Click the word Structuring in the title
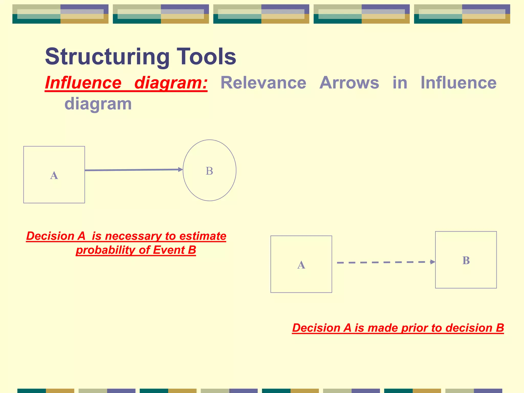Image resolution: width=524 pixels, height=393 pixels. [x=107, y=57]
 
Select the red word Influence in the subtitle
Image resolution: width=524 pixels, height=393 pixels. [x=83, y=83]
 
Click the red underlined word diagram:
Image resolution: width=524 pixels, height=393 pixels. [x=171, y=83]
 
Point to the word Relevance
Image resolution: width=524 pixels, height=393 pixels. [x=263, y=83]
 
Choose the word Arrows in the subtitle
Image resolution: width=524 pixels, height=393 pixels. [x=349, y=83]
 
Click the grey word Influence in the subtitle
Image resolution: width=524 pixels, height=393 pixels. [x=458, y=83]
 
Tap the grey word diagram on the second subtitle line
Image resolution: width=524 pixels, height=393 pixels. [x=98, y=104]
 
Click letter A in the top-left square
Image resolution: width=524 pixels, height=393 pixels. [x=54, y=176]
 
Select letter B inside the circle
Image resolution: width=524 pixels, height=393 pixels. [x=209, y=171]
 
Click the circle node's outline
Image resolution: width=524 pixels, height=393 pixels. [x=236, y=170]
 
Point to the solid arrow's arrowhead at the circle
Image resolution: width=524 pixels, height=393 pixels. [x=180, y=169]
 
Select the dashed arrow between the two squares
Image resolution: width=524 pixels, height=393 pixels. [x=384, y=262]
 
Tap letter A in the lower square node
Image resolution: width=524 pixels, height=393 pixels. [x=301, y=265]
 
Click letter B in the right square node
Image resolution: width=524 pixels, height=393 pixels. [x=466, y=260]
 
